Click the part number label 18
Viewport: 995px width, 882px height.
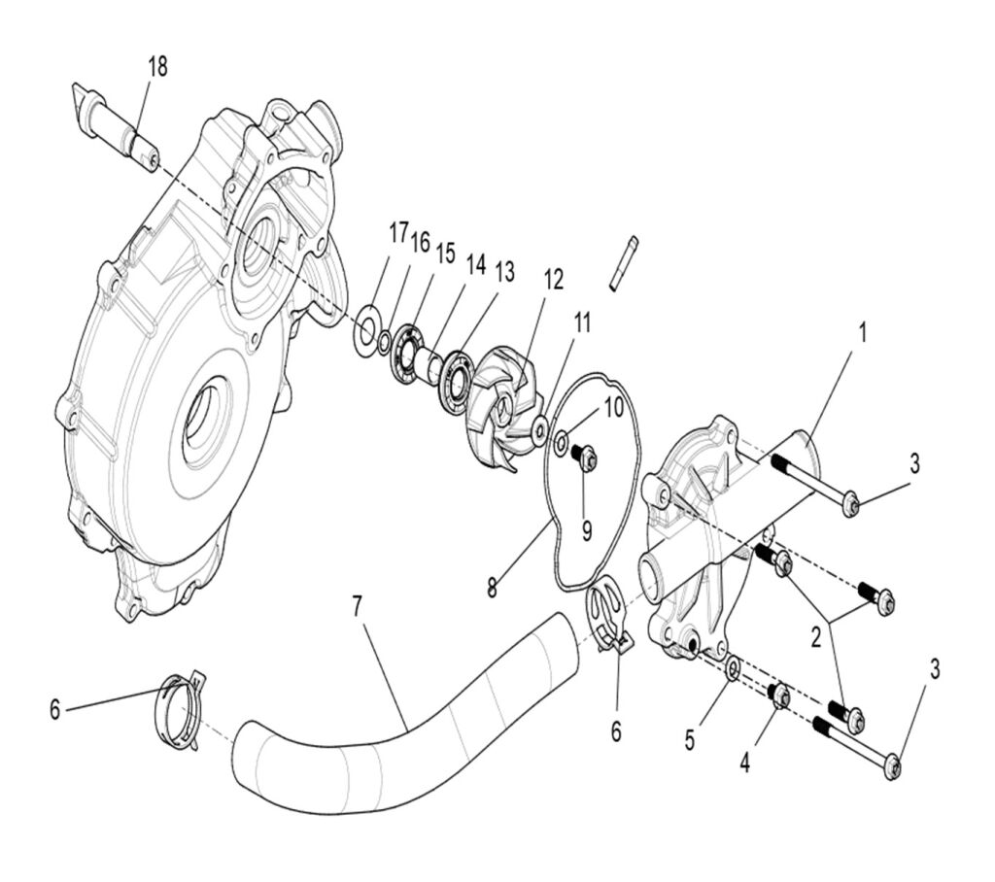tap(157, 67)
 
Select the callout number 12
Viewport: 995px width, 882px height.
tap(553, 280)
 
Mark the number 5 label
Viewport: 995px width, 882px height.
tap(689, 741)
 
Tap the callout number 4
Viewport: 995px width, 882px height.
tap(744, 763)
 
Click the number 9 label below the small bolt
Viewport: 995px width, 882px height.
tap(586, 530)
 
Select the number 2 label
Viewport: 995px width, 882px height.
tap(815, 637)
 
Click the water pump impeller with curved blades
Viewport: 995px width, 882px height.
tap(504, 399)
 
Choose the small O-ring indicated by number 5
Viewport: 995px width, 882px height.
tap(735, 668)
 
